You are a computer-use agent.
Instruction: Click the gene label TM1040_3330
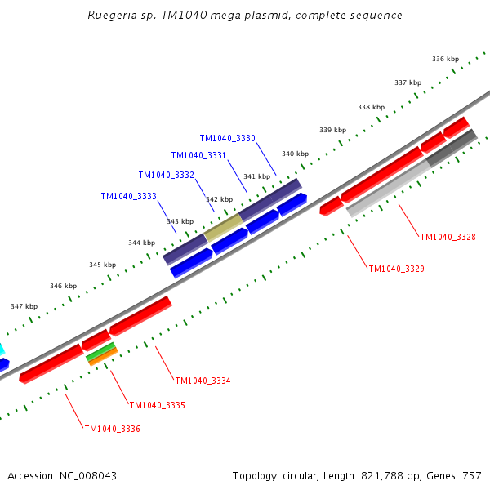227,138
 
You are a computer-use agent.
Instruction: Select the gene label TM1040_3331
198,155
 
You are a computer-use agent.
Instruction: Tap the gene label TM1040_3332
166,175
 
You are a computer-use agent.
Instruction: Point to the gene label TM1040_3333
128,196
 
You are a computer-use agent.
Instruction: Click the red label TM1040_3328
448,237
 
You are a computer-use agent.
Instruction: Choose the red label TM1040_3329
396,269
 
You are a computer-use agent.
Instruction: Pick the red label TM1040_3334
203,381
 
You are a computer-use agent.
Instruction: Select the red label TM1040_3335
157,405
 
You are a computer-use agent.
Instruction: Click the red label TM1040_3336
112,429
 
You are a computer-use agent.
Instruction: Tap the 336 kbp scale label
445,59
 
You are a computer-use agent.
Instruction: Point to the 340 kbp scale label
295,154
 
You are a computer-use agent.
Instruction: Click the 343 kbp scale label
180,221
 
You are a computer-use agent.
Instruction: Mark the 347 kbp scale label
24,306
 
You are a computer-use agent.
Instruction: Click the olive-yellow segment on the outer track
223,227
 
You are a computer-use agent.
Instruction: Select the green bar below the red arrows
100,351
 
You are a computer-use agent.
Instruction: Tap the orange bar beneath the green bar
104,357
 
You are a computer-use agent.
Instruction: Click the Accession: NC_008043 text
61,475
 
